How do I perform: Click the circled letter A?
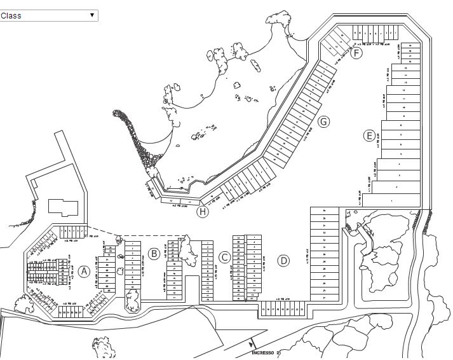pos(83,272)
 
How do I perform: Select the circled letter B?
pos(154,254)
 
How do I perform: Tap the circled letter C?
pos(224,257)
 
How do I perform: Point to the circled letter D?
pos(283,260)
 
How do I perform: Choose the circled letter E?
pos(369,135)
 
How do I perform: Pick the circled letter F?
pos(356,53)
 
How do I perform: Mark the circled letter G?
pos(323,121)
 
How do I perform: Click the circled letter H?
pos(203,212)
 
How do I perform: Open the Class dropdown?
pos(49,15)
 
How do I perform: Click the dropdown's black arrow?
pos(91,15)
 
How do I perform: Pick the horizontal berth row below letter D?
pos(283,309)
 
